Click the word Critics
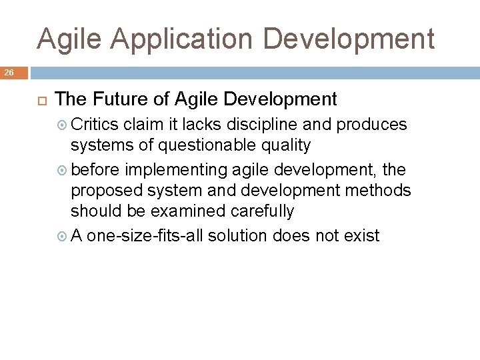pyautogui.click(x=95, y=125)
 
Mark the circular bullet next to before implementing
pyautogui.click(x=63, y=171)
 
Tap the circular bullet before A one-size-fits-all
pyautogui.click(x=63, y=236)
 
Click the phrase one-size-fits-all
pyautogui.click(x=146, y=235)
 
